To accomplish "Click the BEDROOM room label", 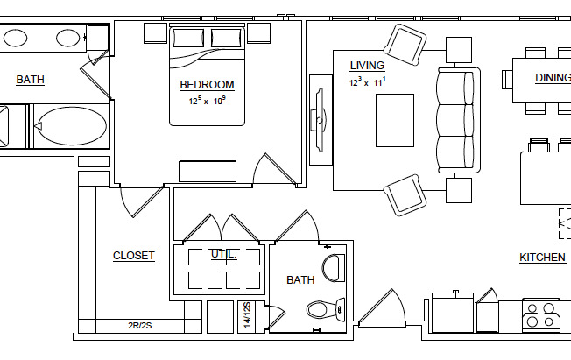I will pyautogui.click(x=207, y=85).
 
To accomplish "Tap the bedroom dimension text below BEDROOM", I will pyautogui.click(x=207, y=101).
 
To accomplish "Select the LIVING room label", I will pyautogui.click(x=368, y=66).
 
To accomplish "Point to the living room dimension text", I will pyautogui.click(x=368, y=82).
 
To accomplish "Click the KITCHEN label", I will pyautogui.click(x=542, y=258).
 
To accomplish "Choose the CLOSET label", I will pyautogui.click(x=134, y=256).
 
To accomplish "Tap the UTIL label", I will pyautogui.click(x=222, y=254).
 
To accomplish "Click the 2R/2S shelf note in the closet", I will pyautogui.click(x=140, y=326).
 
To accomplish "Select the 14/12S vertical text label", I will pyautogui.click(x=248, y=315).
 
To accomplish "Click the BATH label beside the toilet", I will pyautogui.click(x=300, y=280).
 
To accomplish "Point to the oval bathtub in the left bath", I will pyautogui.click(x=71, y=127).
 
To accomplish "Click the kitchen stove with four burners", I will pyautogui.click(x=541, y=314).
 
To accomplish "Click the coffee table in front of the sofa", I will pyautogui.click(x=395, y=119).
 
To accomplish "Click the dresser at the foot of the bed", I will pyautogui.click(x=208, y=171).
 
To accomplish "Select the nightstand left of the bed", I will pyautogui.click(x=154, y=32).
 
